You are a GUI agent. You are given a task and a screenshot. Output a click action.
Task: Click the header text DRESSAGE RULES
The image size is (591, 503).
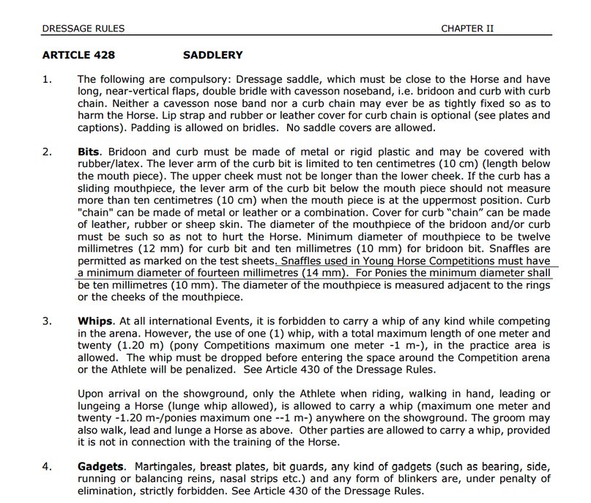coord(83,29)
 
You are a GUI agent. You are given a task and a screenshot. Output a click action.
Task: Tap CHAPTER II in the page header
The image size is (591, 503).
coord(468,29)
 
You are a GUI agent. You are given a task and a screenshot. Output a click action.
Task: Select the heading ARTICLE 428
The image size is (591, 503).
coord(78,55)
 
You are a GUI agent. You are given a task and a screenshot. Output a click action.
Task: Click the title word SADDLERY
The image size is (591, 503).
coord(212,55)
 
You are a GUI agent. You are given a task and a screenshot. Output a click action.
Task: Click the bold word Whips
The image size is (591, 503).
coord(94,321)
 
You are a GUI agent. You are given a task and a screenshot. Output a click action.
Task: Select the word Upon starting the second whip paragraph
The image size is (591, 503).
coord(92,393)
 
